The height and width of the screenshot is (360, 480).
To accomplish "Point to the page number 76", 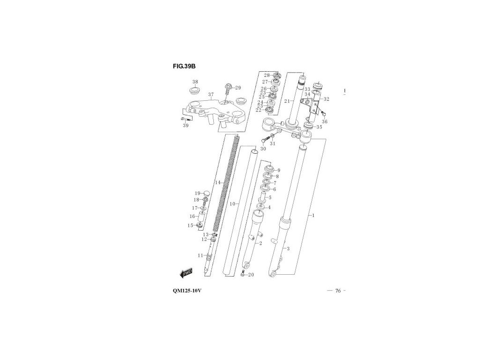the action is (x=338, y=291).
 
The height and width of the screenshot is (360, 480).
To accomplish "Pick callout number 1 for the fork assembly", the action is (x=313, y=216).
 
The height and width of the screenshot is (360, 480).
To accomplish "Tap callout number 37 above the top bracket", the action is (x=211, y=94).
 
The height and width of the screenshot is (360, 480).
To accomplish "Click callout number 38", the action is (x=195, y=82).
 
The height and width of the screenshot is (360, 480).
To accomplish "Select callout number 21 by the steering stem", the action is (x=286, y=101).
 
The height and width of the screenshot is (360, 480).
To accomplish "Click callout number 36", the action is (x=324, y=122).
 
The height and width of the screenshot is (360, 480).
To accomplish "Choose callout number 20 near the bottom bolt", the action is (x=251, y=275).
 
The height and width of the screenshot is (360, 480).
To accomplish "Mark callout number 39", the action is (x=186, y=126).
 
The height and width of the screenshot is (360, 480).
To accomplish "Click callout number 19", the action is (x=197, y=193).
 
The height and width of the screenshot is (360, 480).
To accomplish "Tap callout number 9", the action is (x=278, y=170).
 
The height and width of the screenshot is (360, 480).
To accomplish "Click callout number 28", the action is (x=266, y=75).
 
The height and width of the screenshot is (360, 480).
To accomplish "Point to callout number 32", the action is (x=326, y=99).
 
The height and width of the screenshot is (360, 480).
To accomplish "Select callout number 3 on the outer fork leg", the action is (x=288, y=248).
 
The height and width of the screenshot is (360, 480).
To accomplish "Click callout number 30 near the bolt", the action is (x=263, y=149).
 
